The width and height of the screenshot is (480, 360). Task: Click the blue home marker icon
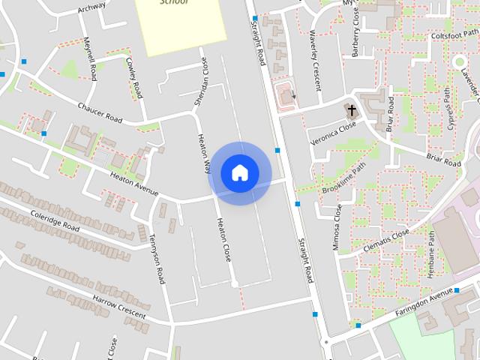tap(239, 172)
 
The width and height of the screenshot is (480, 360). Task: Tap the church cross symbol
tap(351, 111)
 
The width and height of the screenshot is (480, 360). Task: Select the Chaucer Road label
tap(100, 112)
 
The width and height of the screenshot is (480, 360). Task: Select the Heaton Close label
tap(223, 239)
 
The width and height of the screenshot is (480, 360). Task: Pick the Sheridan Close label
tap(201, 82)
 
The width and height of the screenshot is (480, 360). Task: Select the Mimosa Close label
tap(337, 227)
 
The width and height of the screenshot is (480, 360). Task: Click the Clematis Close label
tap(385, 241)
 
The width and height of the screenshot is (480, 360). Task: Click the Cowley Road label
tap(133, 77)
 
